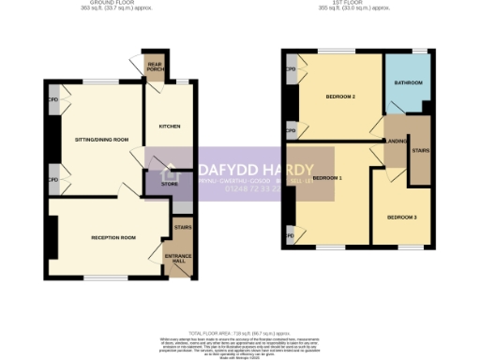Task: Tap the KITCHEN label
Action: click(x=169, y=126)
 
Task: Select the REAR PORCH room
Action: click(x=155, y=67)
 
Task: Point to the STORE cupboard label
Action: click(x=169, y=184)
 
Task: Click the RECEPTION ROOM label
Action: click(x=114, y=238)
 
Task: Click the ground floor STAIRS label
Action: click(x=182, y=227)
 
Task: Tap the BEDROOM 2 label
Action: click(x=339, y=97)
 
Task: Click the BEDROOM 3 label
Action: click(x=401, y=217)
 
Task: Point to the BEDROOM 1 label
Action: click(x=327, y=177)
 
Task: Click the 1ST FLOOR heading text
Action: click(x=354, y=5)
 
